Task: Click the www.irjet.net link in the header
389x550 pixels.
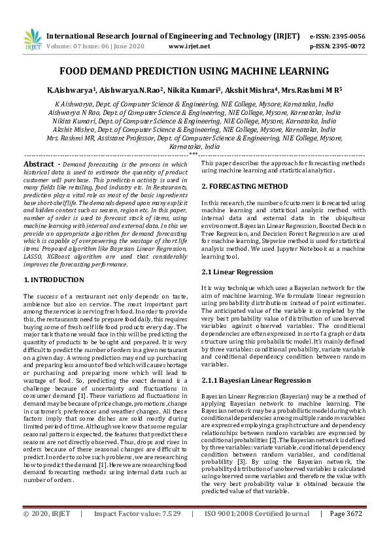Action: [189, 46]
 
